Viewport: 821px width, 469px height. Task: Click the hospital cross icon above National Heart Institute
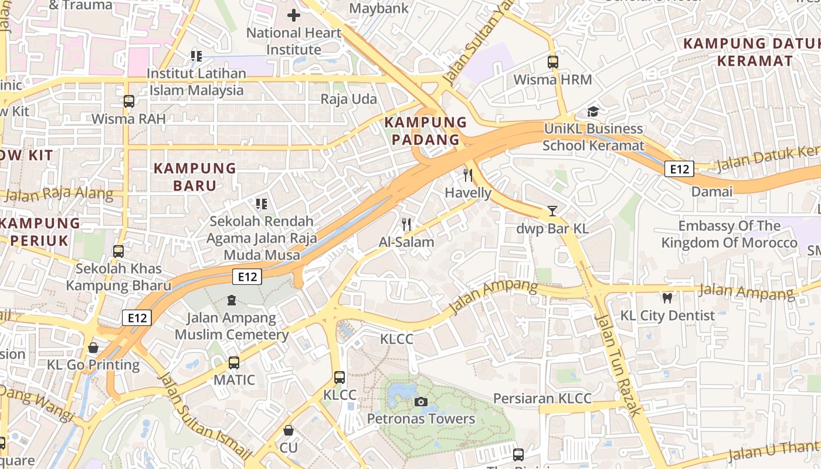point(294,15)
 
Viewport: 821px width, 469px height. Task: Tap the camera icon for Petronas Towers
point(420,402)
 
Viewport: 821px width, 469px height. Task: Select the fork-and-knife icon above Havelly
point(468,175)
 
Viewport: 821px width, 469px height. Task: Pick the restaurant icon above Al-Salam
point(406,224)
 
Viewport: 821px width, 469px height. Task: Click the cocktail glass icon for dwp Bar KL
point(552,211)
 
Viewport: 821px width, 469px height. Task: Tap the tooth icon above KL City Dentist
point(667,298)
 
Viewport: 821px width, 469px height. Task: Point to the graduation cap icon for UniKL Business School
point(593,111)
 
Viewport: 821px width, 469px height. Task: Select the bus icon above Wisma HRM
point(552,62)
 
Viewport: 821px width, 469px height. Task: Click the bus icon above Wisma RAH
point(129,101)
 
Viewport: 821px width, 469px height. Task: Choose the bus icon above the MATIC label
point(234,362)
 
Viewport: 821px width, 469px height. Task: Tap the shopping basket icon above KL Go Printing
point(93,348)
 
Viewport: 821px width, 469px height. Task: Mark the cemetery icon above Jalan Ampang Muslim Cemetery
point(232,301)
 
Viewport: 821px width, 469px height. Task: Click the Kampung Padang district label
point(426,131)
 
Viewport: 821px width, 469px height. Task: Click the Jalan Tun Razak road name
point(619,364)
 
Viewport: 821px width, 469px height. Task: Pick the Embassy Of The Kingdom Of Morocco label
point(730,234)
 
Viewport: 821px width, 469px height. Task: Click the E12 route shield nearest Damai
point(679,169)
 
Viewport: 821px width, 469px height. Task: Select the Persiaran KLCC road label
point(542,399)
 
